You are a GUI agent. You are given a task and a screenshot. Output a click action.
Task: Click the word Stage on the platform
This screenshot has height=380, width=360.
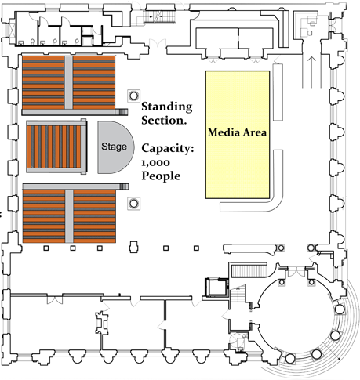click(x=114, y=147)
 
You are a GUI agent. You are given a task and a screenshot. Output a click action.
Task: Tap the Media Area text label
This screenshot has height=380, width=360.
click(x=238, y=132)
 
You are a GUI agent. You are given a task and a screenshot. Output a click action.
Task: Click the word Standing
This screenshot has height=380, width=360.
click(x=167, y=107)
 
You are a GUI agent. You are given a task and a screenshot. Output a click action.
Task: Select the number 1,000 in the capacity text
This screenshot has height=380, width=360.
click(x=155, y=162)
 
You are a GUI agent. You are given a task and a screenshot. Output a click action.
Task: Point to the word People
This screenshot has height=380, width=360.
click(x=161, y=176)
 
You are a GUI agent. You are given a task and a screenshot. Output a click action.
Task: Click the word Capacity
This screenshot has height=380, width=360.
click(x=168, y=149)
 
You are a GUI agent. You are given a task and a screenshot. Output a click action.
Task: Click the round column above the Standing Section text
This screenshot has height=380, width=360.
click(x=133, y=96)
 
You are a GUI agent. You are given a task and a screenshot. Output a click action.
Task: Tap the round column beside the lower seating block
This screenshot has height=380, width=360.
click(x=133, y=203)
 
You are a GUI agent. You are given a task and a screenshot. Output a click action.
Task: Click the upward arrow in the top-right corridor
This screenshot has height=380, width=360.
click(x=311, y=72)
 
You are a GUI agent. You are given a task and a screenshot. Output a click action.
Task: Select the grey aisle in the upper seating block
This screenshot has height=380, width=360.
click(x=68, y=82)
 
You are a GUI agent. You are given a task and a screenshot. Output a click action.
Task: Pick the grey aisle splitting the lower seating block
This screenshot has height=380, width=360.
click(x=69, y=216)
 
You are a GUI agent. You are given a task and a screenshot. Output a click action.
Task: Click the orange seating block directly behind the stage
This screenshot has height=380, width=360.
click(x=54, y=147)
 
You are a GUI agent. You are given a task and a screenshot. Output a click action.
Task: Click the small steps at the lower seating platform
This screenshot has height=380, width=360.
click(x=124, y=186)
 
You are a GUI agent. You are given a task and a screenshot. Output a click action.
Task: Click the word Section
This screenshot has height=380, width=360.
click(x=164, y=121)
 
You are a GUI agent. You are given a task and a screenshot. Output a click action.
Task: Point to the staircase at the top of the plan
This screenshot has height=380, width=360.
click(x=159, y=17)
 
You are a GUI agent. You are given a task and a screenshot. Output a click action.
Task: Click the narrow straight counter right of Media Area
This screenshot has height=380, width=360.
click(x=278, y=92)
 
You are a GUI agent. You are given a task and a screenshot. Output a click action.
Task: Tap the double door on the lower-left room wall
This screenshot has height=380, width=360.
click(x=55, y=299)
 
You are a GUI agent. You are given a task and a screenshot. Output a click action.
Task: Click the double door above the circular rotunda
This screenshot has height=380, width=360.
click(x=296, y=272)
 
